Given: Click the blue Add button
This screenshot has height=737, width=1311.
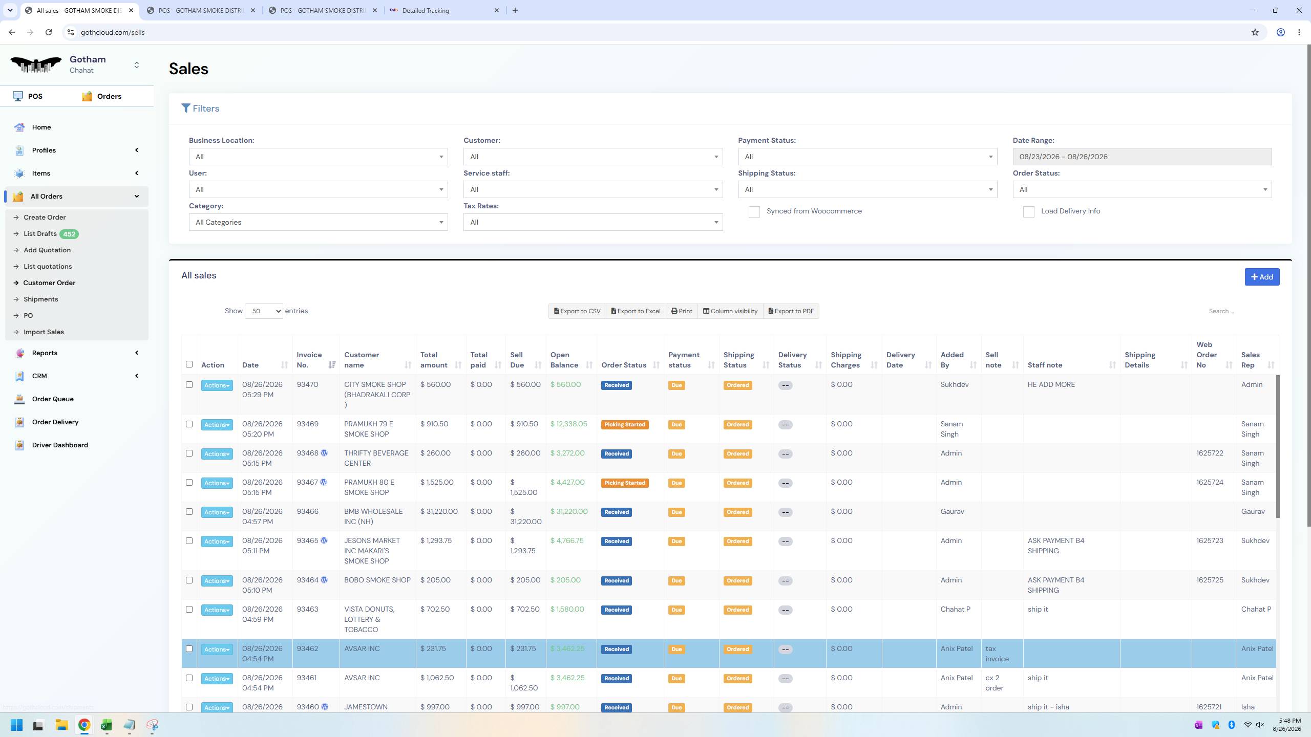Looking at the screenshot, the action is (x=1262, y=277).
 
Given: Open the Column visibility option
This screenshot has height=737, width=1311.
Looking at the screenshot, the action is (x=730, y=311).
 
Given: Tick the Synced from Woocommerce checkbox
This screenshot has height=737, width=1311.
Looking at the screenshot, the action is (x=754, y=212).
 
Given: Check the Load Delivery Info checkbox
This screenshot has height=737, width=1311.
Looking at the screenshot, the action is (x=1028, y=212).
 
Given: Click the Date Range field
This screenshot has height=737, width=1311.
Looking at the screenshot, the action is (x=1142, y=157).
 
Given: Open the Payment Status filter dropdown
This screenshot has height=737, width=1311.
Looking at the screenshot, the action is (x=868, y=157).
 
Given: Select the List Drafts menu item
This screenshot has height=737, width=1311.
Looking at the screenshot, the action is (x=40, y=234).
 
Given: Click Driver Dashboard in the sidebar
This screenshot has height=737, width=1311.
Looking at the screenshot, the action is (x=60, y=445).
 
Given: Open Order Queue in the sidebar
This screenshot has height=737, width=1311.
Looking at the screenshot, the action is (x=53, y=399).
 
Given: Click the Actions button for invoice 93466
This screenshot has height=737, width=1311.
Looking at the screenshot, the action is (x=217, y=512).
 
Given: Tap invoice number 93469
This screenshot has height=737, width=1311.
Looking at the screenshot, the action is (x=307, y=424).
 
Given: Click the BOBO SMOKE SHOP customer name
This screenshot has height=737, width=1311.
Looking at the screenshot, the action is (x=377, y=580).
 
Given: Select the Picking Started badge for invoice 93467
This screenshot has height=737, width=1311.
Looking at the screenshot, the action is (x=625, y=483).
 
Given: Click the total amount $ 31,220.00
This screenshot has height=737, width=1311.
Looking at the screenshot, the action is (x=439, y=512).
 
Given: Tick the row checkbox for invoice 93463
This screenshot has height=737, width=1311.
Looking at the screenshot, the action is (x=189, y=610).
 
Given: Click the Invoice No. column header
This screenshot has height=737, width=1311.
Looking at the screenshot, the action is (x=309, y=360).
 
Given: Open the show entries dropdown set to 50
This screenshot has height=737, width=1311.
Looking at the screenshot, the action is (x=264, y=311).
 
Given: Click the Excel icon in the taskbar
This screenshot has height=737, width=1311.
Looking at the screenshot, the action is (x=107, y=725).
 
